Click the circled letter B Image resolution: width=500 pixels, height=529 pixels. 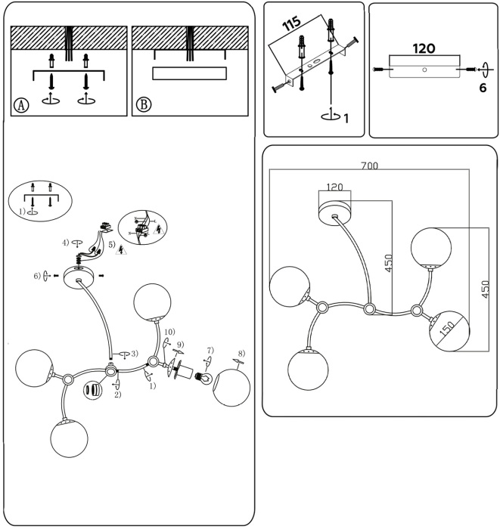[x=143, y=105]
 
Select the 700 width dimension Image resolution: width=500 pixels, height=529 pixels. [x=368, y=165]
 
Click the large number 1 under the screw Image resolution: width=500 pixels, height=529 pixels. [x=346, y=118]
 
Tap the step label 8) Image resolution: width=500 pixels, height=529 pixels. [x=241, y=353]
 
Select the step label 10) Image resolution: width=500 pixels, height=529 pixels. [x=169, y=332]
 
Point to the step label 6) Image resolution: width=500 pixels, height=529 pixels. [x=37, y=276]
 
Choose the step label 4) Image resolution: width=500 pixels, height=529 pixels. [x=67, y=243]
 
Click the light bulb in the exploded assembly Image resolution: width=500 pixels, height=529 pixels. [x=203, y=377]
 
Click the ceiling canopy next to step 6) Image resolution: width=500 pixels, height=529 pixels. [x=76, y=277]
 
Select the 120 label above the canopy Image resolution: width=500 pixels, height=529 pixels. [x=334, y=187]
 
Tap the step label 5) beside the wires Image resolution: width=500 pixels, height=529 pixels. [x=111, y=245]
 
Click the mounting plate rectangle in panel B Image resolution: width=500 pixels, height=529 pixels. [x=189, y=73]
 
